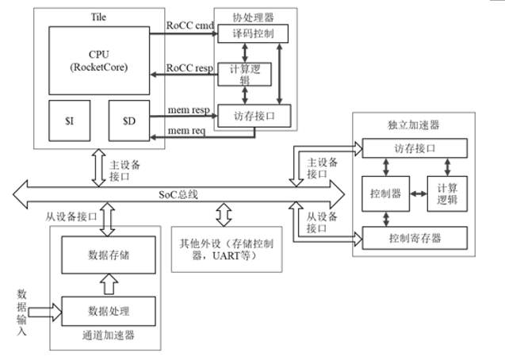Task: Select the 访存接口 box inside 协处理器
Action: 254,117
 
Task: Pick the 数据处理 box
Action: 109,309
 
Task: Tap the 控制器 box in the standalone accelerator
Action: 384,193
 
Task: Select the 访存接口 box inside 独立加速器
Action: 414,147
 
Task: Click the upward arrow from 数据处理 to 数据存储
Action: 109,283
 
